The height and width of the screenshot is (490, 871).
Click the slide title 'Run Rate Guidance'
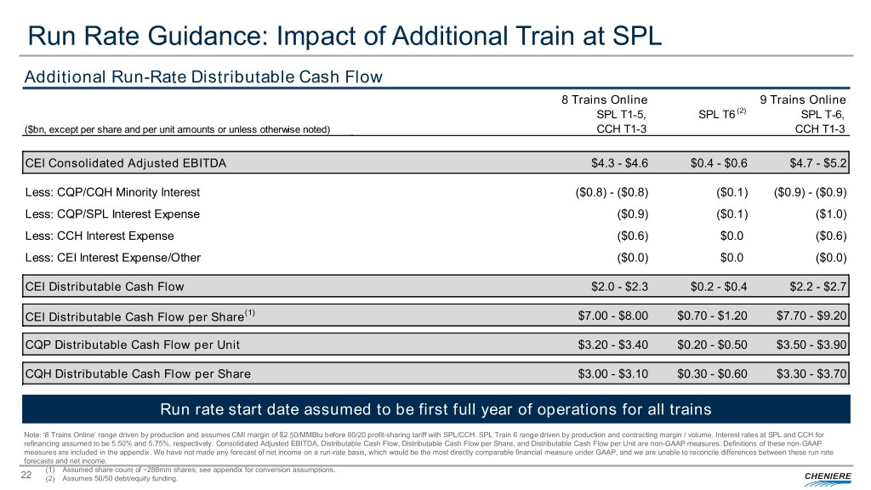344,37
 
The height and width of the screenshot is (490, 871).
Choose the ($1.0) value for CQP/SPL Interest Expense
832,214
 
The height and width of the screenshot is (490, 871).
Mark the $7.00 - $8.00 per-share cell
612,316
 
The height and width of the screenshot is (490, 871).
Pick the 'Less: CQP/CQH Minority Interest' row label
112,191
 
